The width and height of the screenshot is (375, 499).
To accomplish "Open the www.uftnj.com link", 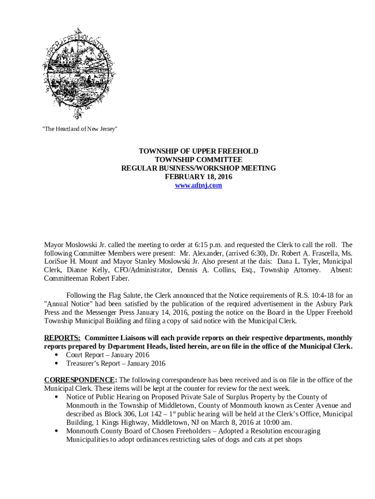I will pos(198,186).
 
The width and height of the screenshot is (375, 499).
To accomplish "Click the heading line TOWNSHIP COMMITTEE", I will pos(198,160).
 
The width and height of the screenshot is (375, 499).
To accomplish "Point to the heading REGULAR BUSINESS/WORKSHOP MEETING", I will pos(198,168).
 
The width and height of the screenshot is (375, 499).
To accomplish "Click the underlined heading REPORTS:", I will pos(62,338).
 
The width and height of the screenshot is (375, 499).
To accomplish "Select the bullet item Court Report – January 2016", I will pos(108,355).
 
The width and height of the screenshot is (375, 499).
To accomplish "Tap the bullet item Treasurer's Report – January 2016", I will pos(115,364).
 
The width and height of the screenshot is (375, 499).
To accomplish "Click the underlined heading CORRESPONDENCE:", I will pos(80,380).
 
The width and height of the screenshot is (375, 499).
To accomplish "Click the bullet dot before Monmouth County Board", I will pos(58,431).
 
